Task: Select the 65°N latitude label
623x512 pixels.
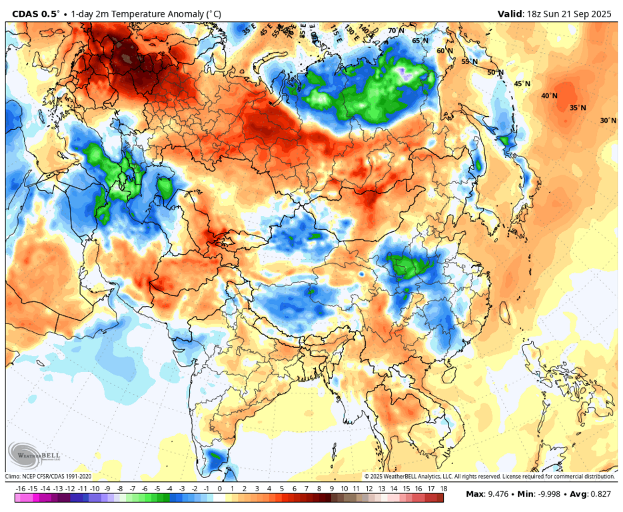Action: (420, 41)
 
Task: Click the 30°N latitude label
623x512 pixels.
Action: (608, 121)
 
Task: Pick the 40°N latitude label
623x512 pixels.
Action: (549, 96)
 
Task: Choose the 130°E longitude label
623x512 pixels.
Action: (350, 29)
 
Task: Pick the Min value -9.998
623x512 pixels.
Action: (545, 495)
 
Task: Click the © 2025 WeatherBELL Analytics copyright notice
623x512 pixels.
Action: (489, 477)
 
